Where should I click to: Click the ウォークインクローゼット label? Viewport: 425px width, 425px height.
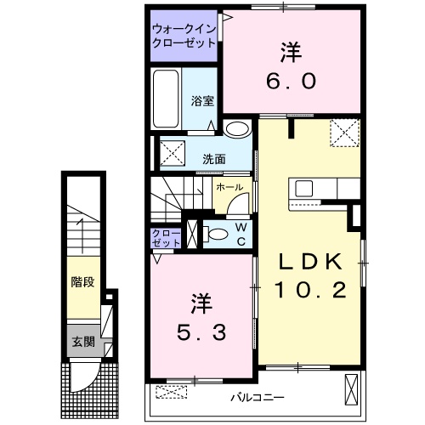(184, 36)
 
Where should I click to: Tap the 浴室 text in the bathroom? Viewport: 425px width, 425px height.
(202, 101)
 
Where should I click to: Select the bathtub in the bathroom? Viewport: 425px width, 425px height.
(166, 99)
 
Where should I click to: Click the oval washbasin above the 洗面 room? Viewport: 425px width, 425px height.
(237, 129)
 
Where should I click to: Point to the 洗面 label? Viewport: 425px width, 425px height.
(214, 159)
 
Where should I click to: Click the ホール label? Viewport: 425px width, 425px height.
(229, 187)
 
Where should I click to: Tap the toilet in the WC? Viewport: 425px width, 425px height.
(216, 234)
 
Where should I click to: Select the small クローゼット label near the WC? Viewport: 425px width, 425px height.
(166, 238)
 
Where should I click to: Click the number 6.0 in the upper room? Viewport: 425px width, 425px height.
(291, 81)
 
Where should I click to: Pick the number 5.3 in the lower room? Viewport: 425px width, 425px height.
(201, 332)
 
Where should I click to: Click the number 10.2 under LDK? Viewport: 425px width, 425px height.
(310, 290)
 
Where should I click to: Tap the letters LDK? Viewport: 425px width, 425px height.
(310, 262)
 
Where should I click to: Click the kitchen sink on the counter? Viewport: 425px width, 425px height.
(303, 189)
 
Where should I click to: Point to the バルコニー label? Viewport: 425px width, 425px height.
(257, 398)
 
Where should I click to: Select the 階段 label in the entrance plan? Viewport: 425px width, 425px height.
(82, 282)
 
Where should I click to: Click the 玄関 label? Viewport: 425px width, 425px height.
(83, 342)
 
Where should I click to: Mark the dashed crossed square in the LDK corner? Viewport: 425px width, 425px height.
(345, 133)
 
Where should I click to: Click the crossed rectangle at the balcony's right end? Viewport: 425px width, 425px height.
(351, 389)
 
